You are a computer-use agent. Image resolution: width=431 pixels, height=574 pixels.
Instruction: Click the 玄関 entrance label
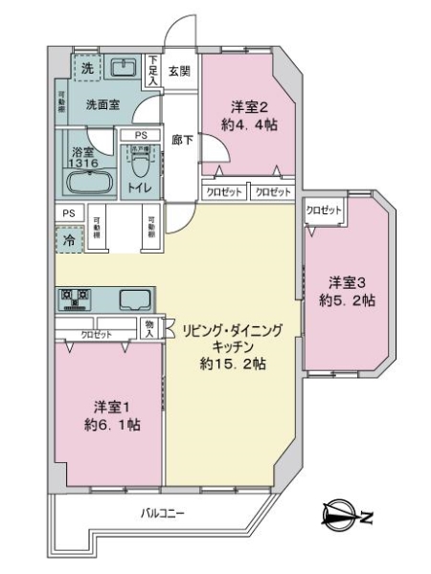click(x=179, y=70)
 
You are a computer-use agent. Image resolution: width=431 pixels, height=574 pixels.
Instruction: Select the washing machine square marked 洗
click(x=87, y=68)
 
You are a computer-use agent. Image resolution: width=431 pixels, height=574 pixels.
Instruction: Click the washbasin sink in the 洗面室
click(x=123, y=68)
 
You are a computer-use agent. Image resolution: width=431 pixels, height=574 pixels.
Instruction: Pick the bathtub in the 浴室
click(x=89, y=184)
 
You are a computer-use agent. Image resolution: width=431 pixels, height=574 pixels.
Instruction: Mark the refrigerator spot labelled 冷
click(x=68, y=240)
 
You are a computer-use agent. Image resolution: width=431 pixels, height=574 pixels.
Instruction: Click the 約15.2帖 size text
click(x=233, y=364)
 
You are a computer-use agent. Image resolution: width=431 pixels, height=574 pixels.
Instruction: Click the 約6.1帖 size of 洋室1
click(x=112, y=424)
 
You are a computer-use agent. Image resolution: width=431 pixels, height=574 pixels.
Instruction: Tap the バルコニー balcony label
click(x=163, y=515)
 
